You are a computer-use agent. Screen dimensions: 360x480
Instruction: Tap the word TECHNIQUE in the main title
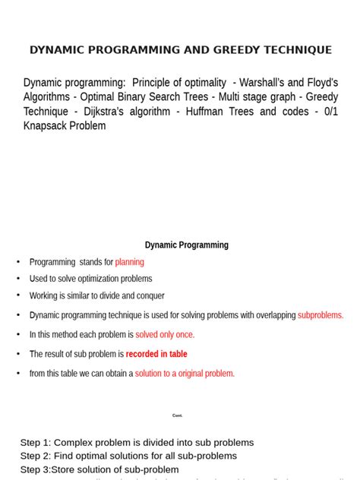pyautogui.click(x=292, y=50)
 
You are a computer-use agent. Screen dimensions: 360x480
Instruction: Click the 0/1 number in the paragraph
pyautogui.click(x=329, y=112)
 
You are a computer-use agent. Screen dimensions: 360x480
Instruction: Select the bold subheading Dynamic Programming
pyautogui.click(x=187, y=245)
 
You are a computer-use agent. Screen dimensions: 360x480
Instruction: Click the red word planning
pyautogui.click(x=129, y=262)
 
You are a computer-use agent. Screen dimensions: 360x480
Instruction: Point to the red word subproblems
pyautogui.click(x=321, y=315)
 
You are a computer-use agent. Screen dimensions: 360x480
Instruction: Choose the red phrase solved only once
pyautogui.click(x=165, y=334)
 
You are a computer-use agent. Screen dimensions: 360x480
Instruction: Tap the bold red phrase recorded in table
pyautogui.click(x=156, y=354)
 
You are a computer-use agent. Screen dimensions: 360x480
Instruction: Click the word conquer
pyautogui.click(x=147, y=295)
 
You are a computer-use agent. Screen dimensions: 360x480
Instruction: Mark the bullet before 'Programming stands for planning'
pyautogui.click(x=17, y=262)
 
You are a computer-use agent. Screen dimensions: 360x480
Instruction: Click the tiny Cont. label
pyautogui.click(x=178, y=415)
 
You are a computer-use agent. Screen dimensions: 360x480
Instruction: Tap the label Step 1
pyautogui.click(x=34, y=442)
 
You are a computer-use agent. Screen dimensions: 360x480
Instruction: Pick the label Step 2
pyautogui.click(x=34, y=456)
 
